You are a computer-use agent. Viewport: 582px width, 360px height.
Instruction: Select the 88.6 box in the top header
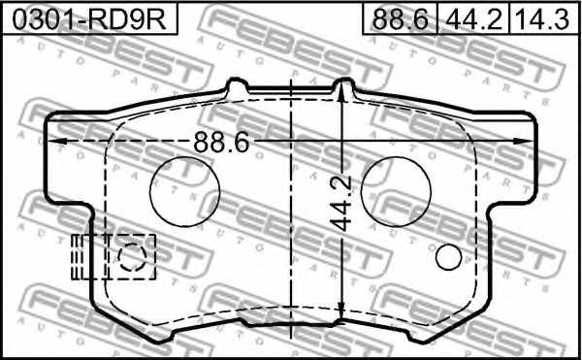tap(400, 17)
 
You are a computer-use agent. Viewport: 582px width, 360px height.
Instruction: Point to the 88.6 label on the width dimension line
tap(222, 142)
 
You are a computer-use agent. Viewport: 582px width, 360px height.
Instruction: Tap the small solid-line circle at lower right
tap(448, 257)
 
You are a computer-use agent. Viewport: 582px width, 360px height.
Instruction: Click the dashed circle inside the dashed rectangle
tap(131, 257)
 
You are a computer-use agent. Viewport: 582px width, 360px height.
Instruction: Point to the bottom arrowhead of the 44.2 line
tap(343, 316)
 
